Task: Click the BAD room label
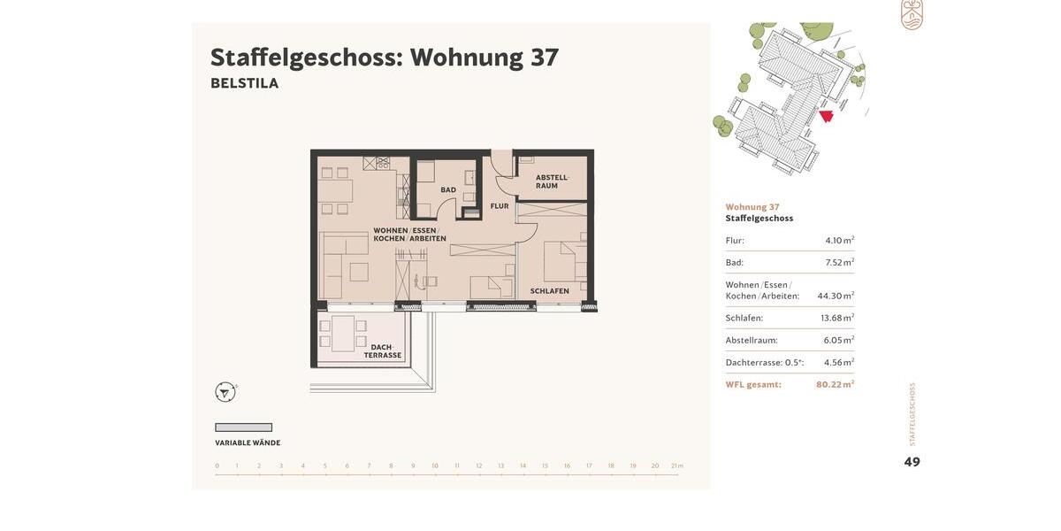[448, 189]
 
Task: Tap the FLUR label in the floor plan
[500, 206]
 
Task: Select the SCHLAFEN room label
[549, 291]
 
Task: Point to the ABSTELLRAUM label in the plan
[552, 181]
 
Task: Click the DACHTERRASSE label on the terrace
[382, 351]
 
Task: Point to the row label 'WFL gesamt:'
[753, 384]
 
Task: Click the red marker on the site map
[826, 116]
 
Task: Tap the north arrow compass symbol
[225, 392]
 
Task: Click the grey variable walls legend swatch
[243, 427]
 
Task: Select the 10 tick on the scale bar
[435, 466]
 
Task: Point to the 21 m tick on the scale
[676, 466]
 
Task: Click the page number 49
[912, 462]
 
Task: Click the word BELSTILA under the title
[244, 83]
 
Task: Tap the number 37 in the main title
[544, 58]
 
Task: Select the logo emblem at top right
[912, 14]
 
